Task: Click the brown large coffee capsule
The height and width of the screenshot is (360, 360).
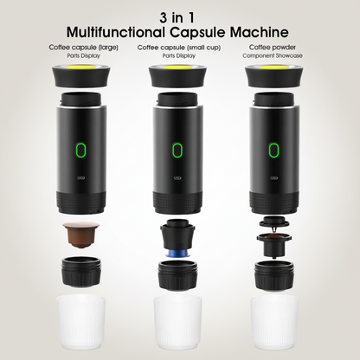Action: click(81, 235)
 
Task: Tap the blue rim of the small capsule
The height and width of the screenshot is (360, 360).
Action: click(177, 254)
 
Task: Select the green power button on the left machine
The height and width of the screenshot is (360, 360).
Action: click(81, 150)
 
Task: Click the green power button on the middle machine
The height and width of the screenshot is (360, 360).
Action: click(177, 150)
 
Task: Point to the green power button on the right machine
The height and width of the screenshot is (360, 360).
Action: click(273, 150)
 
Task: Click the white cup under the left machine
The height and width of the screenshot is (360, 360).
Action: click(81, 323)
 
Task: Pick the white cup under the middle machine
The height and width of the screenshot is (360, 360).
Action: click(177, 323)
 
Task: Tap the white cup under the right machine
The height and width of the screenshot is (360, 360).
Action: click(273, 323)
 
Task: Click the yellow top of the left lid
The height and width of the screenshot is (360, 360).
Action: click(81, 67)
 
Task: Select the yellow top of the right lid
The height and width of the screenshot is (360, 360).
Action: click(273, 67)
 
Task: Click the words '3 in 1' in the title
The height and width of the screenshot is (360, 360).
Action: click(177, 17)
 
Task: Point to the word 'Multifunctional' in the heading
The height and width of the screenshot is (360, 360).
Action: click(116, 32)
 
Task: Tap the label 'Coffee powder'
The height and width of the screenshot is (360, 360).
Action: click(273, 47)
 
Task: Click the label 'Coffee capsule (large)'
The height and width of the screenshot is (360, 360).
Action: click(83, 48)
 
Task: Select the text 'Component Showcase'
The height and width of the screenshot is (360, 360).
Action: click(273, 55)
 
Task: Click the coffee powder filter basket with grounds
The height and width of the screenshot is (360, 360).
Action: click(273, 244)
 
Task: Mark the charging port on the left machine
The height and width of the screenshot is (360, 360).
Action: click(81, 177)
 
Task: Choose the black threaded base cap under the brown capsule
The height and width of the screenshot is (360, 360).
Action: click(81, 271)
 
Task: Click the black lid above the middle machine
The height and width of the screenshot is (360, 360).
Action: click(177, 76)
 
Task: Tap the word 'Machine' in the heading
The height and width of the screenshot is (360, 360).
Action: click(259, 32)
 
